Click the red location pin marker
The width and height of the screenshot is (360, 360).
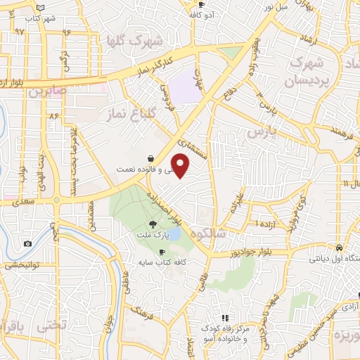pyautogui.click(x=181, y=166)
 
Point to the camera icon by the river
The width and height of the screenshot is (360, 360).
pyautogui.click(x=27, y=244)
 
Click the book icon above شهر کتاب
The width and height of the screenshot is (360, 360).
pyautogui.click(x=40, y=6)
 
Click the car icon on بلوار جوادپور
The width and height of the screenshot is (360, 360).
pyautogui.click(x=340, y=247)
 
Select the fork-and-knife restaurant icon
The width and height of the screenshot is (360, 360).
pyautogui.click(x=226, y=318)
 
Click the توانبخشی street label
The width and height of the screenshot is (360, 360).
pyautogui.click(x=21, y=266)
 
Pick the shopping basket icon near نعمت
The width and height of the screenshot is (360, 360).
pyautogui.click(x=150, y=159)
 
